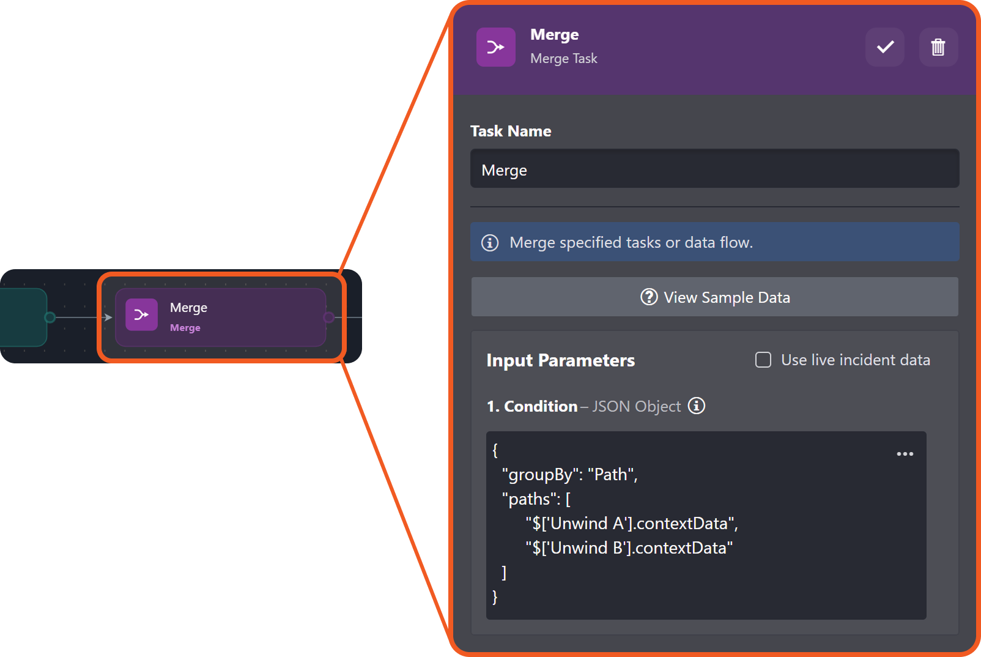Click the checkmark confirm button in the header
[884, 47]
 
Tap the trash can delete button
[938, 47]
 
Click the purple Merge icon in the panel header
[496, 47]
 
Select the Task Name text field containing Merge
[715, 169]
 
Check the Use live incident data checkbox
[763, 360]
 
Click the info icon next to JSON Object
[697, 406]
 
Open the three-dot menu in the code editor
[905, 454]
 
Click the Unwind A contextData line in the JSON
[632, 524]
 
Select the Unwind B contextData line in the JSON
[629, 548]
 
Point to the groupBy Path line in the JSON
[570, 474]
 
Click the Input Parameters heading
[561, 360]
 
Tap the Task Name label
[511, 131]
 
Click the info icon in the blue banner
[490, 243]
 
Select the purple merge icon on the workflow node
[141, 314]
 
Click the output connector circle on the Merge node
[328, 317]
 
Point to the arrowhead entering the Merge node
[108, 317]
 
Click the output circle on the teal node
[50, 317]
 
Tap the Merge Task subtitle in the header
[564, 59]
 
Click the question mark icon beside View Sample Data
[649, 297]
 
